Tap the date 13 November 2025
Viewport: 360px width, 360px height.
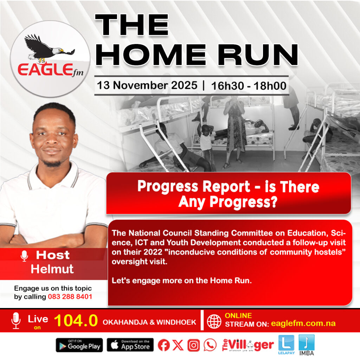pos(147,85)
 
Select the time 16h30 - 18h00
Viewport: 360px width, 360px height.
pos(249,86)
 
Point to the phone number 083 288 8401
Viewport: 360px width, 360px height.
pos(70,297)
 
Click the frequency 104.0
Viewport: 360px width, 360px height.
pos(76,320)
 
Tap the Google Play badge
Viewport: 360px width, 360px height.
pos(79,345)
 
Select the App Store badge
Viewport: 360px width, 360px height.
pos(130,345)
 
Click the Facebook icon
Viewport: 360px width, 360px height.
pos(164,345)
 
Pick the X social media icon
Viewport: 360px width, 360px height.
pos(178,345)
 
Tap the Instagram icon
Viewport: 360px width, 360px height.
pos(194,345)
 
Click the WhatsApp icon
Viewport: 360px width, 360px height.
pos(210,345)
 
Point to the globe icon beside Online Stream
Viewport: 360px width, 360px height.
pos(214,321)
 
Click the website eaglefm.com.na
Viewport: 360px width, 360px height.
pos(303,323)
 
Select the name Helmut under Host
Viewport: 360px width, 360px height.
pos(52,269)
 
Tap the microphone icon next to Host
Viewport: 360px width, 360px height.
pos(24,256)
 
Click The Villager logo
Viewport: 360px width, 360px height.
pos(248,345)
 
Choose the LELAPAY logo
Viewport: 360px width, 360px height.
pos(286,345)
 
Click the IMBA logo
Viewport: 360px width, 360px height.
pos(307,345)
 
